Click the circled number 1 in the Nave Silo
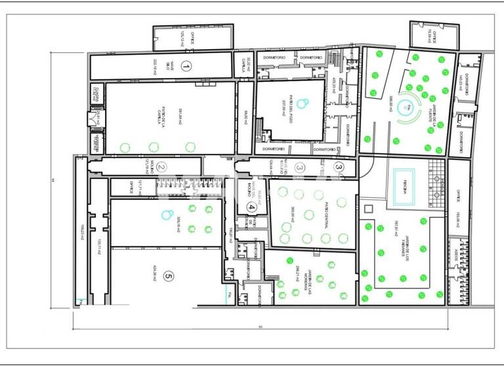pos(186,66)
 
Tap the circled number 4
pos(251,207)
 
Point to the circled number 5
pos(168,277)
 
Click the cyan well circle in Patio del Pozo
pos(302,102)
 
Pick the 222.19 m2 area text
pos(155,66)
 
